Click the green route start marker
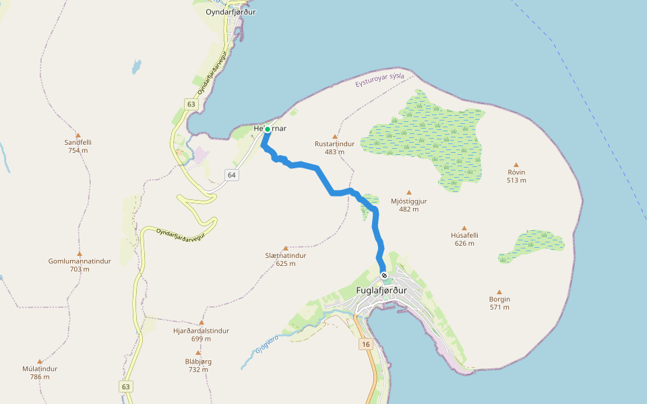268,129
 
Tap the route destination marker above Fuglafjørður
384,275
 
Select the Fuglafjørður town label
381,290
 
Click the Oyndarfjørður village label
230,11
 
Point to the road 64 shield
232,175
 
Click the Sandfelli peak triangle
78,135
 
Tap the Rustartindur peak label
334,143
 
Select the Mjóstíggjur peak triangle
408,193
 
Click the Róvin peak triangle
516,164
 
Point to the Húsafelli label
464,236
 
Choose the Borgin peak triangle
499,292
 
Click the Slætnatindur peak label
286,256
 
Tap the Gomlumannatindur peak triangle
80,253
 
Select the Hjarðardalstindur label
201,331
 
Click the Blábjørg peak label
198,362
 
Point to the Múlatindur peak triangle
40,361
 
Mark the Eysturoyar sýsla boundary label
379,80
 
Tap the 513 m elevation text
516,180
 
